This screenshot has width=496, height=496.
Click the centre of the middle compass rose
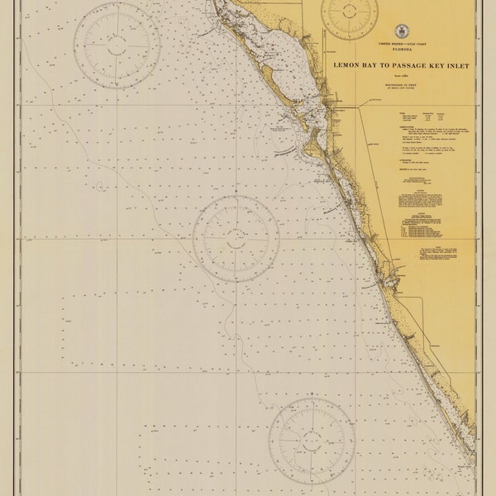point(236,237)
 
